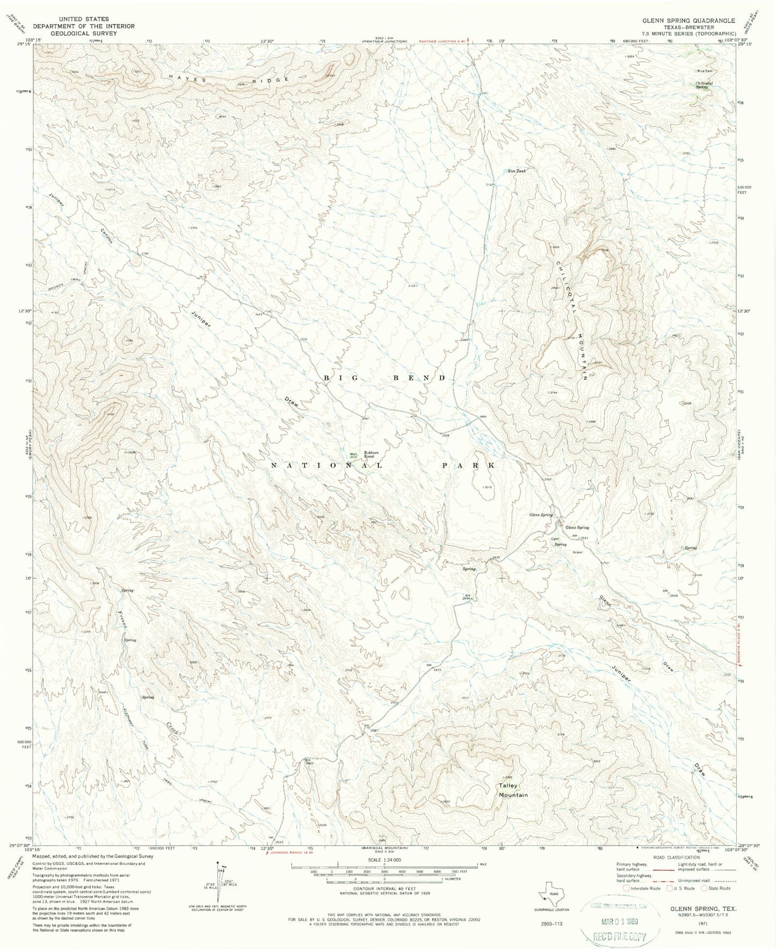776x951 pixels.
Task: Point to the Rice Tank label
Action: [x=517, y=171]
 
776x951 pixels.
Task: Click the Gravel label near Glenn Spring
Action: [x=577, y=552]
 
